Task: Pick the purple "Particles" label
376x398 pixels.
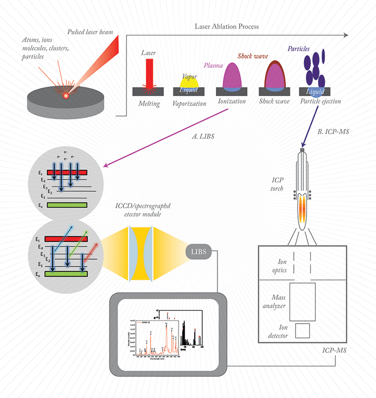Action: [x=298, y=49]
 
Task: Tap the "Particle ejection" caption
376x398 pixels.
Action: [x=320, y=101]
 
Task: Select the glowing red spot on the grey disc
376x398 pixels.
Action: [x=66, y=96]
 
